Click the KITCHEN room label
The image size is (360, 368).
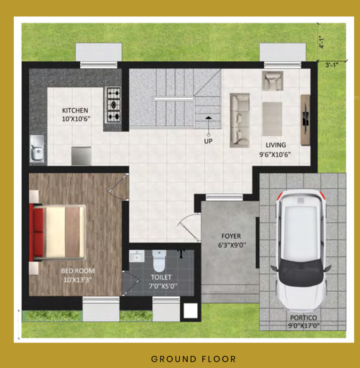point(75,110)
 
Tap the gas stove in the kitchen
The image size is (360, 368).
point(113,104)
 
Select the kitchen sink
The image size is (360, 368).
point(37,149)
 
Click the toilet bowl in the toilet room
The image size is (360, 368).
point(159,260)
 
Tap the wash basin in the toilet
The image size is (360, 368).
point(138,256)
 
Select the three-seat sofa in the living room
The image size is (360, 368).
point(240,119)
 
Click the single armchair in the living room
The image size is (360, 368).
point(272,81)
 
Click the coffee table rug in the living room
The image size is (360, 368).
point(272,118)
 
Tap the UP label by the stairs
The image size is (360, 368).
point(208,140)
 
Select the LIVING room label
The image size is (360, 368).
point(276,145)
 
